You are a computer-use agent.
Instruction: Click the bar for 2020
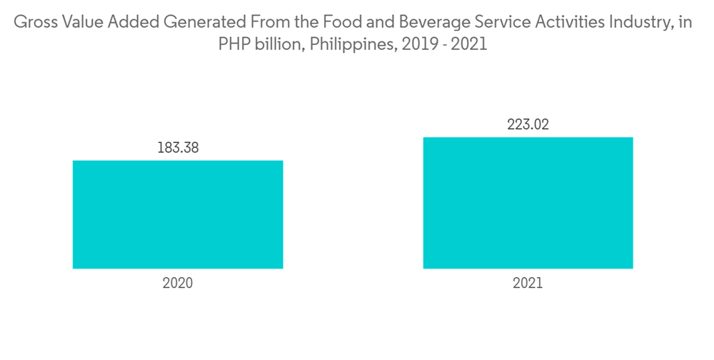coord(178,214)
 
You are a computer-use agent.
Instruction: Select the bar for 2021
coord(528,203)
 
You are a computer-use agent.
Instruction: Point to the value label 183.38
coord(178,149)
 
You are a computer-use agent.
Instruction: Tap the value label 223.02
coord(528,125)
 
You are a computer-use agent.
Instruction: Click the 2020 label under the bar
coord(178,283)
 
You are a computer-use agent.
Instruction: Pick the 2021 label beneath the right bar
coord(528,283)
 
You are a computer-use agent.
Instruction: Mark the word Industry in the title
coord(621,23)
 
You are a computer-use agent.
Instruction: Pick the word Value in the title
coord(76,22)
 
